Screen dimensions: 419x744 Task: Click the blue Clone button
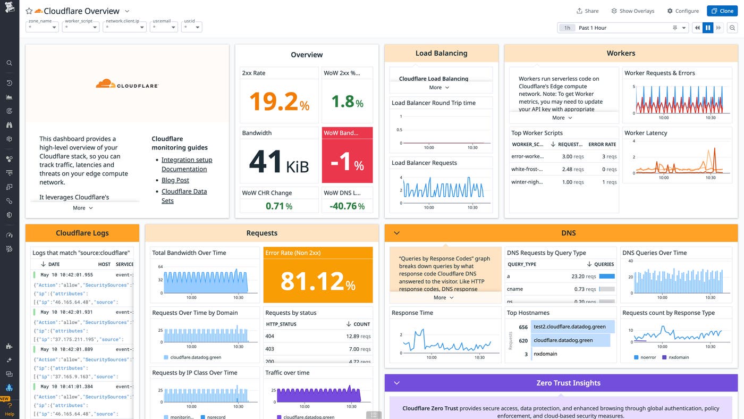point(722,11)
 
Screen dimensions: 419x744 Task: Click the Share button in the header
point(587,11)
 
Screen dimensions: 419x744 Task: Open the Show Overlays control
point(632,11)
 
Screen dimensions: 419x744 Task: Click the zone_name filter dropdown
point(43,27)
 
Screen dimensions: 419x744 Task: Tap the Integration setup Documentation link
point(187,164)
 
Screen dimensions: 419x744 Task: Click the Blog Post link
point(175,180)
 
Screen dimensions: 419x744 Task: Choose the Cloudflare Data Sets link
point(184,196)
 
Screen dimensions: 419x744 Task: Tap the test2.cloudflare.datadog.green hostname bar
point(569,327)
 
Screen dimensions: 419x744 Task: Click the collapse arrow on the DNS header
point(396,233)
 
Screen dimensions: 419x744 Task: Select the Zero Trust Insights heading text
point(568,383)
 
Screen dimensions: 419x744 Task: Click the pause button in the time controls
point(707,28)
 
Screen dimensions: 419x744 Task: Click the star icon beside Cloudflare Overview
point(29,11)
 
